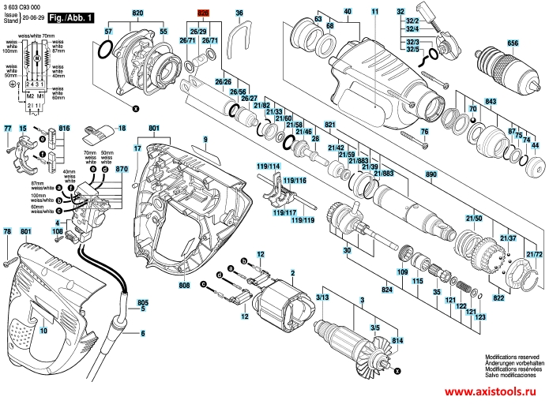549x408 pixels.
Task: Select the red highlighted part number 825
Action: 203,13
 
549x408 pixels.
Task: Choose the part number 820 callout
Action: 137,15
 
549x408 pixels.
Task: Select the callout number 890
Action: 431,174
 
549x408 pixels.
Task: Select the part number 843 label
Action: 491,102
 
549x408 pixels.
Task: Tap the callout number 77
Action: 8,128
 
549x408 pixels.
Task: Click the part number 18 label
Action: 122,128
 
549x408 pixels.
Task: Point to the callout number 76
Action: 424,132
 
